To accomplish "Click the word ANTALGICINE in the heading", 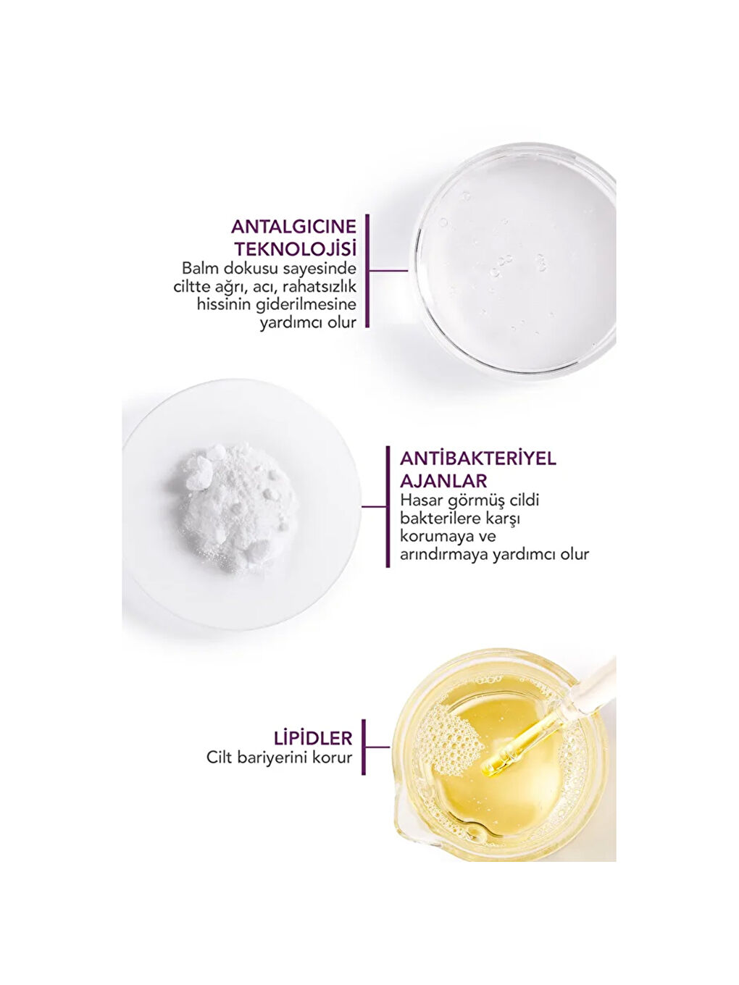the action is [293, 227].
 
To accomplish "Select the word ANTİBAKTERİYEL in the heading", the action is [478, 459].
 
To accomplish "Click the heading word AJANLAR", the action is [443, 481].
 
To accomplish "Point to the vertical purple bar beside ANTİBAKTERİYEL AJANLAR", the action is [388, 506].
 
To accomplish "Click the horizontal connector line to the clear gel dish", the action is [388, 271].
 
